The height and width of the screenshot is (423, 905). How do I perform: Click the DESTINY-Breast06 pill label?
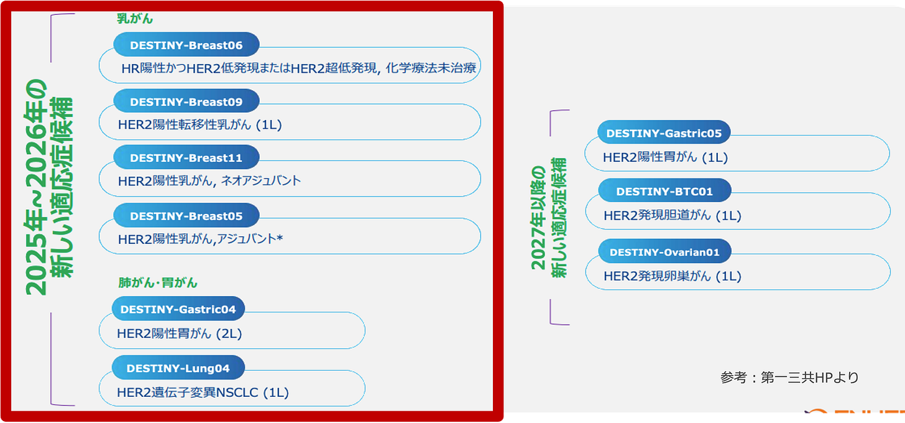(186, 45)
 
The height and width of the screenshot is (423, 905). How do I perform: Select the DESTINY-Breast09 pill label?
(186, 101)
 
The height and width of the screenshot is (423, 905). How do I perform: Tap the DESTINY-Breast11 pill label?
(186, 158)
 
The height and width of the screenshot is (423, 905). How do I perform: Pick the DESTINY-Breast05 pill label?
(186, 216)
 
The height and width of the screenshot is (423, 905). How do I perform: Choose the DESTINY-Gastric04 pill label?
(178, 309)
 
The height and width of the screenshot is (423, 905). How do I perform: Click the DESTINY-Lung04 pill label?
(178, 368)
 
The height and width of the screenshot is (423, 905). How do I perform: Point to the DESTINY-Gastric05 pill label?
(664, 133)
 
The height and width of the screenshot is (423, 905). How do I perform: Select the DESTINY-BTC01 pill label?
(664, 192)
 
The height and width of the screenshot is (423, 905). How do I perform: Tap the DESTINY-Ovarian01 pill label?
(664, 252)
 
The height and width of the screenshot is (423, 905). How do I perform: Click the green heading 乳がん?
(135, 19)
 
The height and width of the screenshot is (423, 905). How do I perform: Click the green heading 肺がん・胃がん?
(158, 282)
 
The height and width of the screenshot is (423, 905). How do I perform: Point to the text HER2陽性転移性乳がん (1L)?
(200, 125)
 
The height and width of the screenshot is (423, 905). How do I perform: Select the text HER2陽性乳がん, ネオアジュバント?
(209, 181)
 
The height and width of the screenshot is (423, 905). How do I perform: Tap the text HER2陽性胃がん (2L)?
(179, 333)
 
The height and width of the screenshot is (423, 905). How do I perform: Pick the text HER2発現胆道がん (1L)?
(672, 216)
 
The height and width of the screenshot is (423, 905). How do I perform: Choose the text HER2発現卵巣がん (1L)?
(672, 276)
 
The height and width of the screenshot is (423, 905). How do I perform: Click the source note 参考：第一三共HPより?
(789, 377)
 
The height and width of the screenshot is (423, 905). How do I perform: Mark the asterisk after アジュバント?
(280, 237)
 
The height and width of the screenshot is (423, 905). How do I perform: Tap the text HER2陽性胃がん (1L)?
(665, 158)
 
